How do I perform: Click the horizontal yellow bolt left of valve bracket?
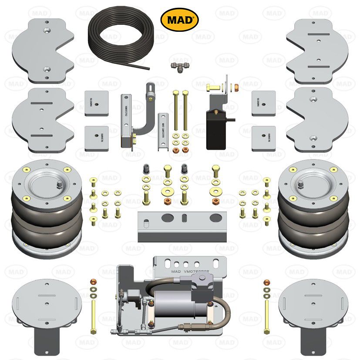(211, 87)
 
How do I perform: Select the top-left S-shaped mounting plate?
(43, 50)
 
